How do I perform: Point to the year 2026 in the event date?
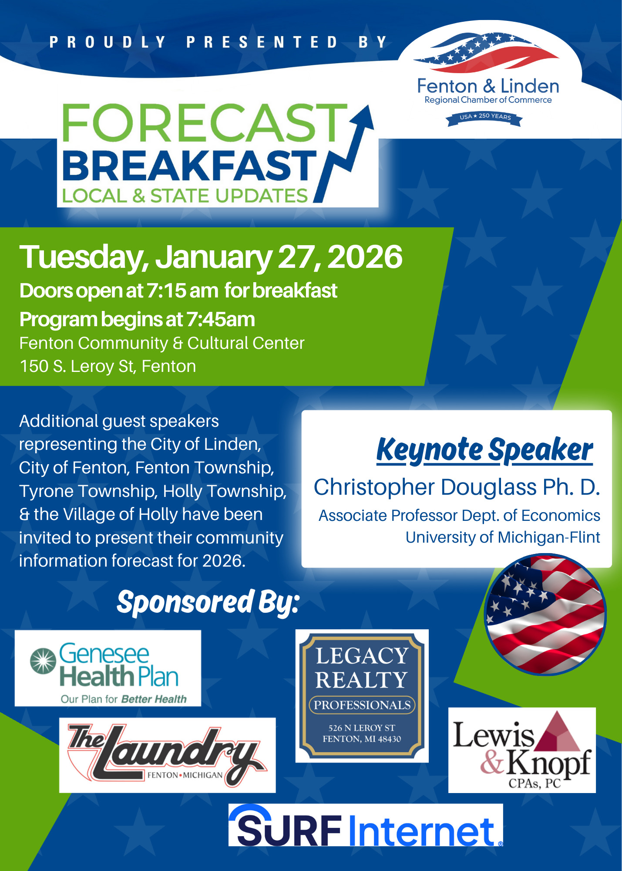point(365,257)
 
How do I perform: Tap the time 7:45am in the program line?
point(221,320)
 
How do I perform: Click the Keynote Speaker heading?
point(484,450)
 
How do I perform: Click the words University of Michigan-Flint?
point(503,537)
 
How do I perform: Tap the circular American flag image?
point(545,614)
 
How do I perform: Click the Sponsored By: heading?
point(208,603)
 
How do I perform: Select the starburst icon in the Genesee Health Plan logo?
point(43,660)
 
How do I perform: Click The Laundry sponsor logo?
point(168,755)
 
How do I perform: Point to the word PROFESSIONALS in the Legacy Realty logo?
point(362,705)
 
